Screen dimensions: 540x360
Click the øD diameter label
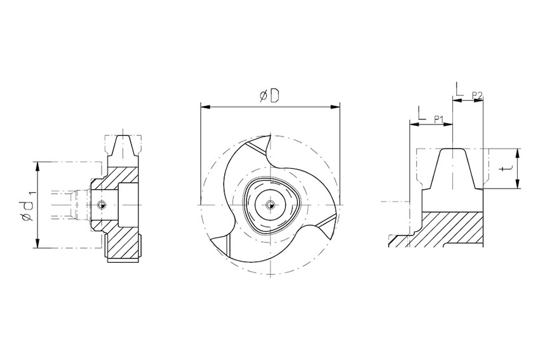click(x=269, y=96)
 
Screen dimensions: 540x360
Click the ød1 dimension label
click(x=27, y=206)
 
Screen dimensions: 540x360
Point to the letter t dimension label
click(x=506, y=168)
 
